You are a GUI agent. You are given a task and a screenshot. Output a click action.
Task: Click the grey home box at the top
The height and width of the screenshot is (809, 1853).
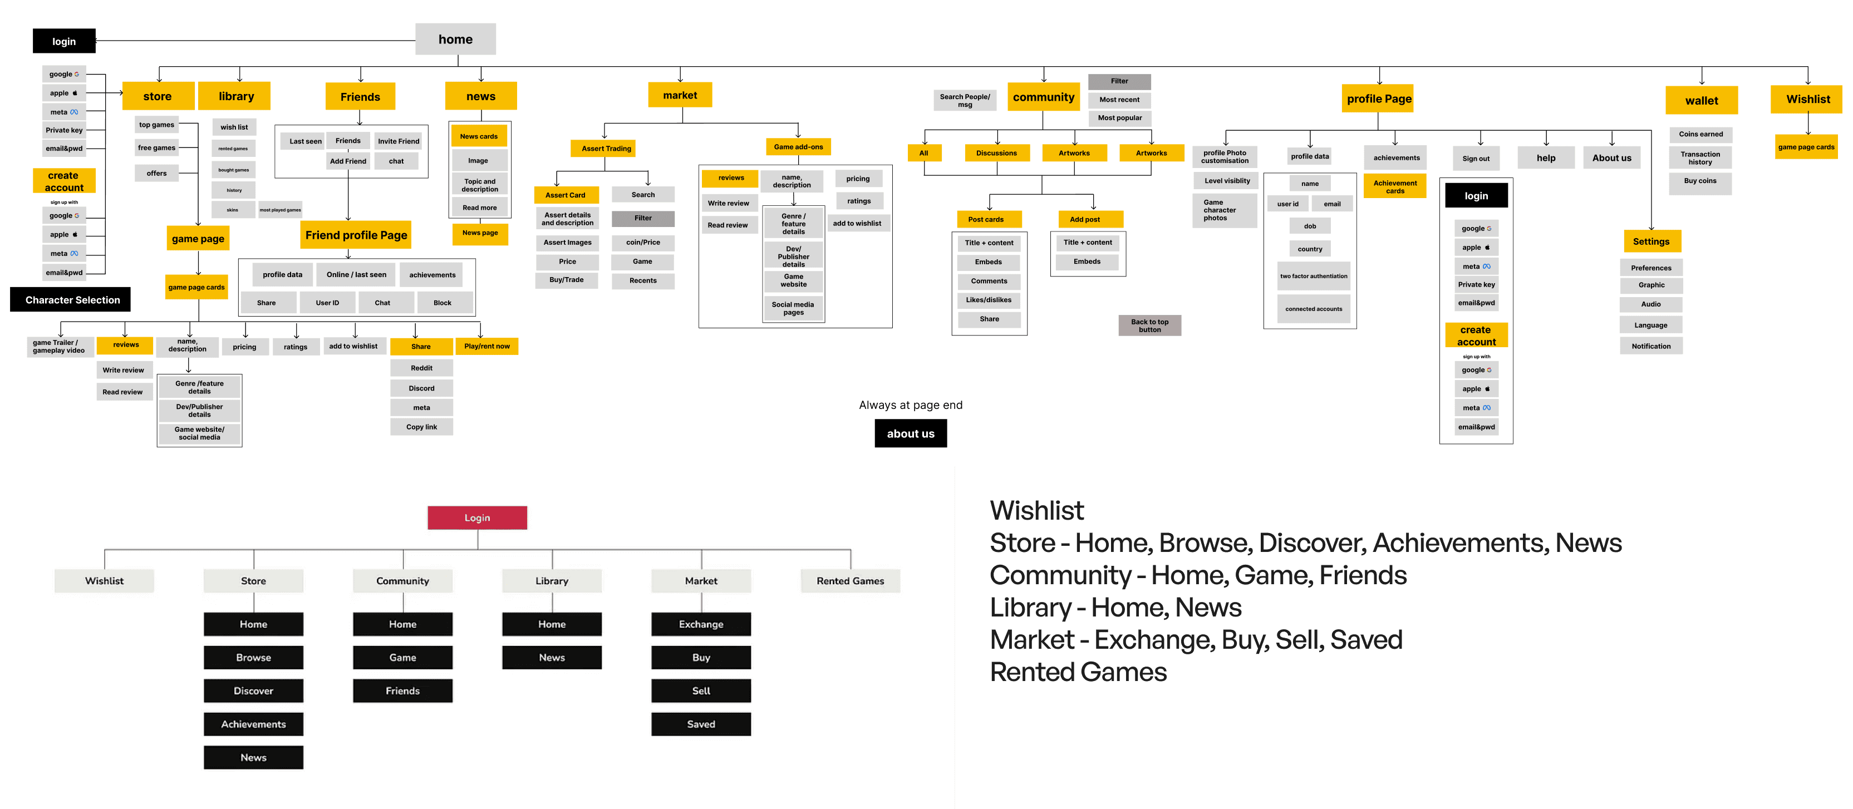tap(455, 40)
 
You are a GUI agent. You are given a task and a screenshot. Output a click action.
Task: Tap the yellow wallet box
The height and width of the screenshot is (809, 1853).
tap(1701, 101)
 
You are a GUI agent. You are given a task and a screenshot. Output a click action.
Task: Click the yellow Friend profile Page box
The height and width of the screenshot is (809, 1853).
tap(356, 235)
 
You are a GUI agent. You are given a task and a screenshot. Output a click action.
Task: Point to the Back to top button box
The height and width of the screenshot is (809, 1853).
tap(1149, 325)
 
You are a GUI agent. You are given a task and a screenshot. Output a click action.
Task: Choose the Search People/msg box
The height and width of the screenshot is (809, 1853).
tap(965, 101)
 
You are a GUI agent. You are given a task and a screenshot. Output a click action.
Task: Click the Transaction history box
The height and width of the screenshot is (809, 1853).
tap(1700, 158)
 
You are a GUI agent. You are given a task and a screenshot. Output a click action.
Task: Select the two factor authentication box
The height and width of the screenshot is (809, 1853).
tap(1314, 276)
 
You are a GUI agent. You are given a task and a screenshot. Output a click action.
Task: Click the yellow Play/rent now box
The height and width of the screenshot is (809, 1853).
tap(487, 347)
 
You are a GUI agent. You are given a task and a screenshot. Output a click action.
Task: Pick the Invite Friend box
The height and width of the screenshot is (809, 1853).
tap(399, 141)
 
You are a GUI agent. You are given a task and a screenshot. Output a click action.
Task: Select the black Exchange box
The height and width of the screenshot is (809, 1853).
tap(701, 624)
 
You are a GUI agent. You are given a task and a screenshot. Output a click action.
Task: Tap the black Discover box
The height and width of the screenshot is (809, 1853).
tap(253, 691)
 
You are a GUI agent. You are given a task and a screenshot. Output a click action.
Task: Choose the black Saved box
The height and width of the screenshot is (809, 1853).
tap(701, 724)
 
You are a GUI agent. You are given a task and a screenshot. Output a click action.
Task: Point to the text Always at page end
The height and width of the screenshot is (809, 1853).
tap(910, 406)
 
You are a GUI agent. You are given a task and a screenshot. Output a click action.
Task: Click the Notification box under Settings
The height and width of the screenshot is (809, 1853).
tap(1651, 347)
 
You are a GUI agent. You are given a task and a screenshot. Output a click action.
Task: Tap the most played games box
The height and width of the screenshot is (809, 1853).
tap(281, 210)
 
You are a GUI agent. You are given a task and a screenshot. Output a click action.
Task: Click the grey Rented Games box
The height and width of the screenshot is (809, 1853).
tap(851, 581)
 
